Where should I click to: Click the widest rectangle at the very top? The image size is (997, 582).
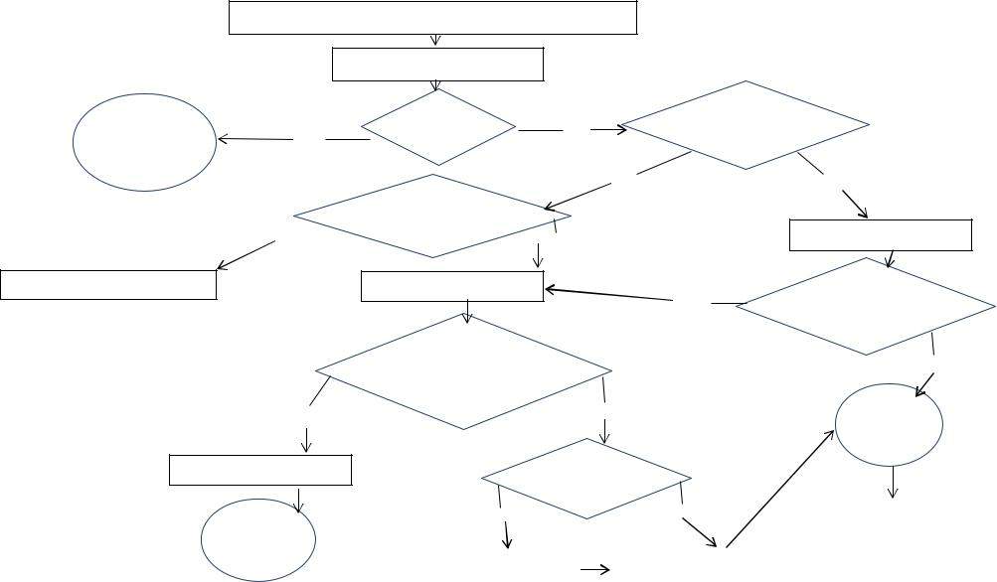tap(432, 18)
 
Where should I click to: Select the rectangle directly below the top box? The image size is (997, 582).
tap(437, 65)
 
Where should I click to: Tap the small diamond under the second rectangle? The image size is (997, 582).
tap(438, 128)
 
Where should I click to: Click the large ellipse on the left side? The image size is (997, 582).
tap(145, 141)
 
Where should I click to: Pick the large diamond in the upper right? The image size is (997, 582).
tap(746, 125)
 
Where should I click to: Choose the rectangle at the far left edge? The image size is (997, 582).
tap(108, 284)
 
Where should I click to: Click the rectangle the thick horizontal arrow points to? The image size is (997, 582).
tap(452, 286)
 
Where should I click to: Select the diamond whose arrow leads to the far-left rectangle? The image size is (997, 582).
tap(432, 216)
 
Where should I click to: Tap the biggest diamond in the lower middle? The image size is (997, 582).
tap(463, 371)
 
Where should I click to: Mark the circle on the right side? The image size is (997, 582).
tap(889, 424)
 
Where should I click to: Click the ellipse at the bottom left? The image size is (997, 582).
tap(258, 539)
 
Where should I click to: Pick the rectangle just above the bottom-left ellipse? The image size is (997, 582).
tap(260, 470)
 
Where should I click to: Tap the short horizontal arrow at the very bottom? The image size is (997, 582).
tap(594, 569)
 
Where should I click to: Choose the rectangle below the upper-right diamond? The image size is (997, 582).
tap(880, 235)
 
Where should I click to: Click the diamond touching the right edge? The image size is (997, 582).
tap(866, 306)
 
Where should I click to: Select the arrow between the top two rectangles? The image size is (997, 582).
tap(435, 41)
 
